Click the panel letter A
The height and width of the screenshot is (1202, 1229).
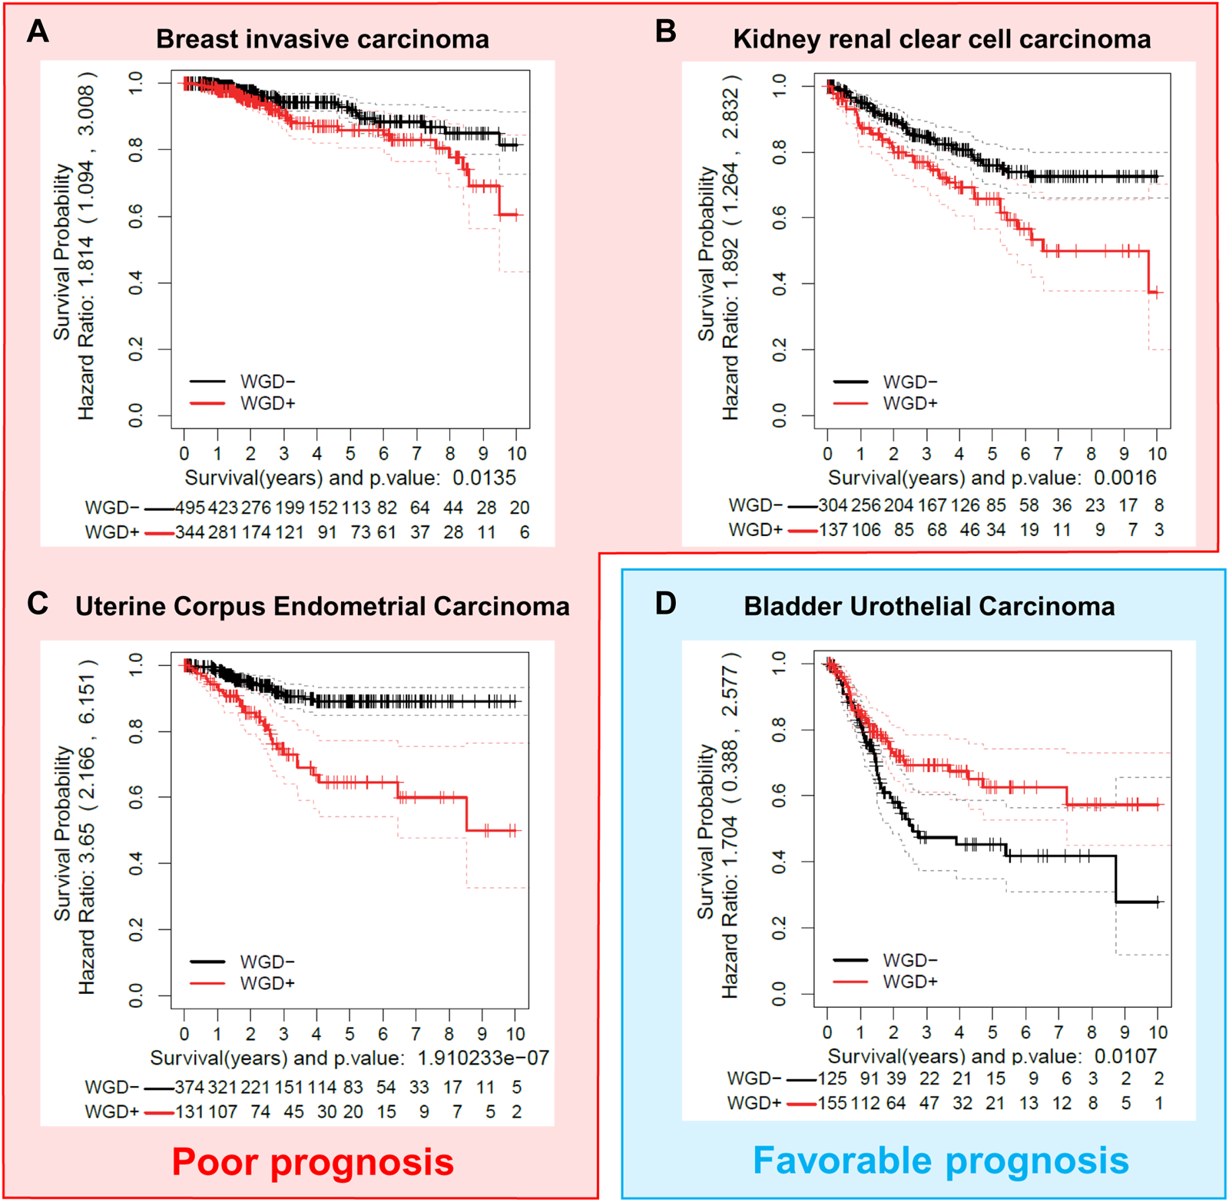click(38, 31)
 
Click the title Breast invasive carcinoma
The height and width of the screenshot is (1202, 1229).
click(322, 39)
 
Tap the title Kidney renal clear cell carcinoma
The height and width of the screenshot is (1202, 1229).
click(942, 39)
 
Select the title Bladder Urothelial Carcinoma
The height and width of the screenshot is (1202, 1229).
click(929, 606)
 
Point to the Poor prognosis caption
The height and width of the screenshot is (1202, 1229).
click(313, 1161)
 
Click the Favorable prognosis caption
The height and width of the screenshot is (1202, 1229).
click(940, 1160)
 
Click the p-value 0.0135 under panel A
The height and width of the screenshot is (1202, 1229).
click(484, 478)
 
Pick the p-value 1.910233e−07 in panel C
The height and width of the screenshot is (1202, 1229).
click(482, 1058)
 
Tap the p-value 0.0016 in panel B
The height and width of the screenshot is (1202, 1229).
click(1125, 478)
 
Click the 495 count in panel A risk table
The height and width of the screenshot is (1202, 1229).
click(190, 508)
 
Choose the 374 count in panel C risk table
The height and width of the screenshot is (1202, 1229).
click(190, 1087)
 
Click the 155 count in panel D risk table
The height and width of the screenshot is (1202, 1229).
click(832, 1103)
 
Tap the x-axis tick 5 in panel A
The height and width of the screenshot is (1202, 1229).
click(350, 453)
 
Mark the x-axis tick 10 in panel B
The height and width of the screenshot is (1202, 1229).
click(1157, 453)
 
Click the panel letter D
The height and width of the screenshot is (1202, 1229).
click(665, 603)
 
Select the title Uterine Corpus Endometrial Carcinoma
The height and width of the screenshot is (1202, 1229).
click(322, 606)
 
